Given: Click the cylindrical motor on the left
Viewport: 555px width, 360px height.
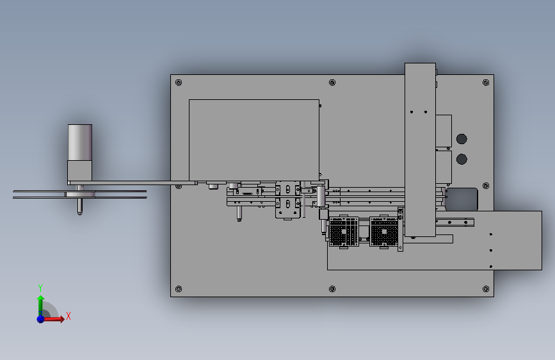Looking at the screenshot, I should coord(80,142).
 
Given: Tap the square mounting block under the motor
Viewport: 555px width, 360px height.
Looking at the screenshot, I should coord(80,170).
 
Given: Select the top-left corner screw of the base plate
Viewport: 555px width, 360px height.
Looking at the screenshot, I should coord(179,83).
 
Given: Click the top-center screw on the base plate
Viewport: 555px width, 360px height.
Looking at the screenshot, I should coord(332,83).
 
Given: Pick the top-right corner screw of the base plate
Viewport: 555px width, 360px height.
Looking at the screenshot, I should coord(485,83).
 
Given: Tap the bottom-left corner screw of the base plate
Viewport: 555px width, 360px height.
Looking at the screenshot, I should coord(179,289).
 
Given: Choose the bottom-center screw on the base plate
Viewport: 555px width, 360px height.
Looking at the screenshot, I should coord(332,289).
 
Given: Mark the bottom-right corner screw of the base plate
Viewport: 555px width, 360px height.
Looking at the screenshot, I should coord(485,289).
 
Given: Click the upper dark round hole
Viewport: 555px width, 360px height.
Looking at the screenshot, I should coord(461,139).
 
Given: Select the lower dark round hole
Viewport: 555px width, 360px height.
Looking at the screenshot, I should coord(461,159).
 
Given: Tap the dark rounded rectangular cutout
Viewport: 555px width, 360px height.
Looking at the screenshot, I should coord(462,198).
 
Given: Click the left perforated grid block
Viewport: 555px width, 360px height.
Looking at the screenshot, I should coord(343,233).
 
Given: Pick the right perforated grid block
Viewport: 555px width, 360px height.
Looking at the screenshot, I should coord(385,233).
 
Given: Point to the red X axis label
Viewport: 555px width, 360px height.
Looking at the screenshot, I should coord(68,316).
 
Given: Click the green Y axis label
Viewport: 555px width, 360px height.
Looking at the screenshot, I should coord(40,288).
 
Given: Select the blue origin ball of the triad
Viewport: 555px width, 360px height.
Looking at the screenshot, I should coord(40,318).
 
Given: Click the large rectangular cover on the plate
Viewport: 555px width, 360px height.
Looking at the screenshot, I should coord(254,138).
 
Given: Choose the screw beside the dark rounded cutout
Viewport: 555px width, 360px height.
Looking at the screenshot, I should coord(486,186).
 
